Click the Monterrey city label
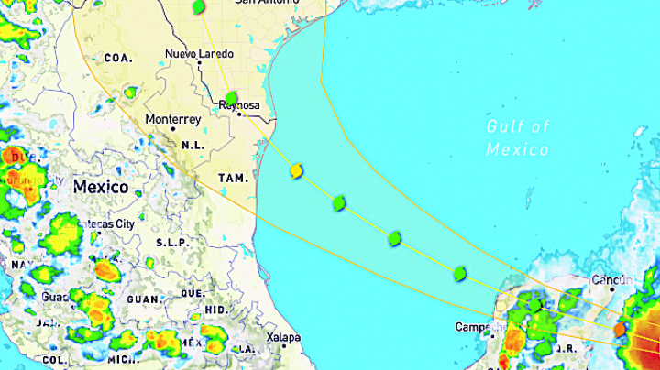click(x=172, y=119)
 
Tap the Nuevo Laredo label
click(x=199, y=54)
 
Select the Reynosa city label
click(x=238, y=106)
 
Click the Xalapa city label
click(x=283, y=337)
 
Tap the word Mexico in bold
click(x=101, y=187)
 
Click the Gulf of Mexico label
click(x=518, y=137)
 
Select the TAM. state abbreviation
click(x=234, y=178)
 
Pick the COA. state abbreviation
click(x=118, y=57)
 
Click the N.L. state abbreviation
click(x=192, y=145)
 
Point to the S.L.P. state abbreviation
click(x=172, y=242)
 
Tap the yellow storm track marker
click(x=297, y=171)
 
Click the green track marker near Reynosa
click(x=231, y=97)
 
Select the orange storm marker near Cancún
click(x=619, y=327)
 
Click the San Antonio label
click(x=267, y=3)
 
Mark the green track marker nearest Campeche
click(x=459, y=272)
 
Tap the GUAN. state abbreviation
click(x=144, y=299)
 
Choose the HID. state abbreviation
click(x=215, y=310)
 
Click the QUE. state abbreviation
click(x=192, y=293)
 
